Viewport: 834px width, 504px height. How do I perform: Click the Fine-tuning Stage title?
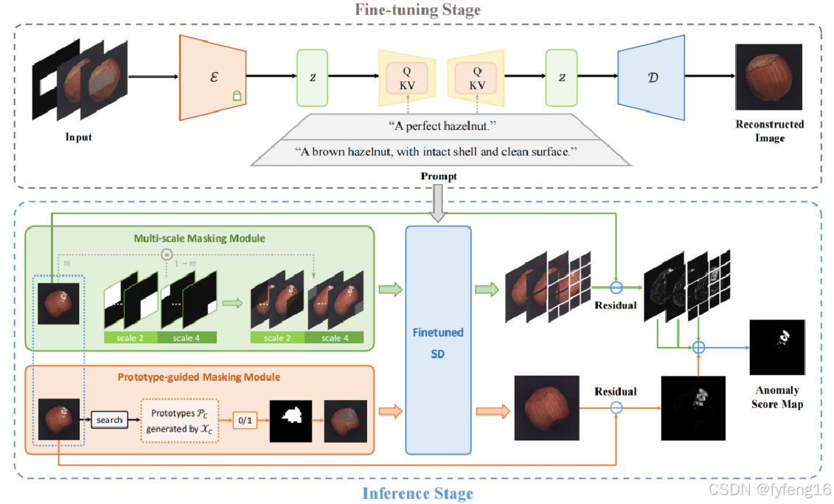click(417, 10)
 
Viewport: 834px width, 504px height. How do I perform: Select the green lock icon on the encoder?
click(237, 96)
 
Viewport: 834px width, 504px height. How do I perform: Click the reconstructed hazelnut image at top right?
click(769, 77)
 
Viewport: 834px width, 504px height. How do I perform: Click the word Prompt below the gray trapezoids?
click(439, 176)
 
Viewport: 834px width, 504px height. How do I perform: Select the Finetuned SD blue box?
click(437, 339)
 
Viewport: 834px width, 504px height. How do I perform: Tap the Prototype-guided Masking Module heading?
click(199, 376)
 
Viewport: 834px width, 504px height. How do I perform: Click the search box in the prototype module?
click(109, 420)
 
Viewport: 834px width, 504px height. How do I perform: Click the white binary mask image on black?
click(291, 419)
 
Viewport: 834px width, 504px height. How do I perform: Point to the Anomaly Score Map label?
click(777, 397)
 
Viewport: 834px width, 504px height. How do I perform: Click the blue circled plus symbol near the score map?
click(698, 346)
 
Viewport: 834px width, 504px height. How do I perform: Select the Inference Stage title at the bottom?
click(417, 493)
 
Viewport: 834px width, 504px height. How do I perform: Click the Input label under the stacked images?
click(79, 137)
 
